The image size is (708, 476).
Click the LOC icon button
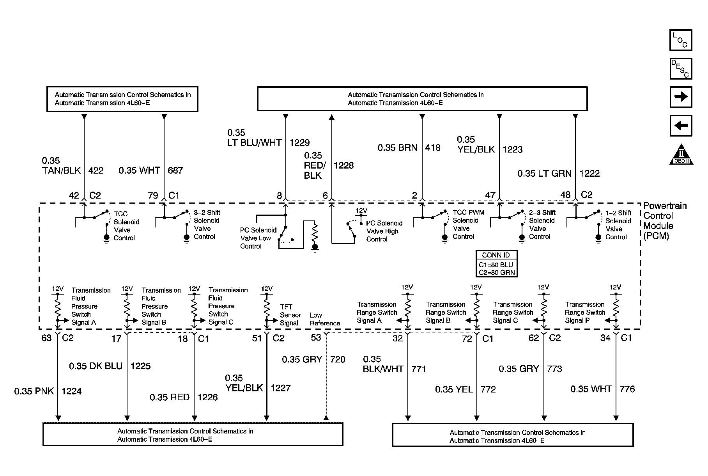[680, 40]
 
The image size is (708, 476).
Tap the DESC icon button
[680, 69]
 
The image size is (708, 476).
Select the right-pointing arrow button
[681, 97]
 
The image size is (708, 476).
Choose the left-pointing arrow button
[681, 126]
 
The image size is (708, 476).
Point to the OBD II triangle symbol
[681, 155]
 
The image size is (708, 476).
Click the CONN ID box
[496, 264]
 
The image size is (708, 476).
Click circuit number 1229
[299, 143]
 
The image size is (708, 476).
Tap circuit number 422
[96, 171]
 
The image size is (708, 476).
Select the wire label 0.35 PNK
[34, 391]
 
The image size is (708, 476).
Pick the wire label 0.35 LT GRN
[544, 174]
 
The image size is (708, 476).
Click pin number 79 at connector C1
[153, 195]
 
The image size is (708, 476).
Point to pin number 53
[316, 337]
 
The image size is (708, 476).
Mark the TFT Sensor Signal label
[290, 315]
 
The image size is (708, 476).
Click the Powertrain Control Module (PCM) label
[665, 221]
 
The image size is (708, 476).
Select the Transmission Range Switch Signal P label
[585, 312]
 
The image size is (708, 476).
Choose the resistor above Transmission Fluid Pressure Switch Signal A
[57, 306]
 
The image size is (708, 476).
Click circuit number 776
[627, 389]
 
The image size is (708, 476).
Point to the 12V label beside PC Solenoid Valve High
[361, 211]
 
